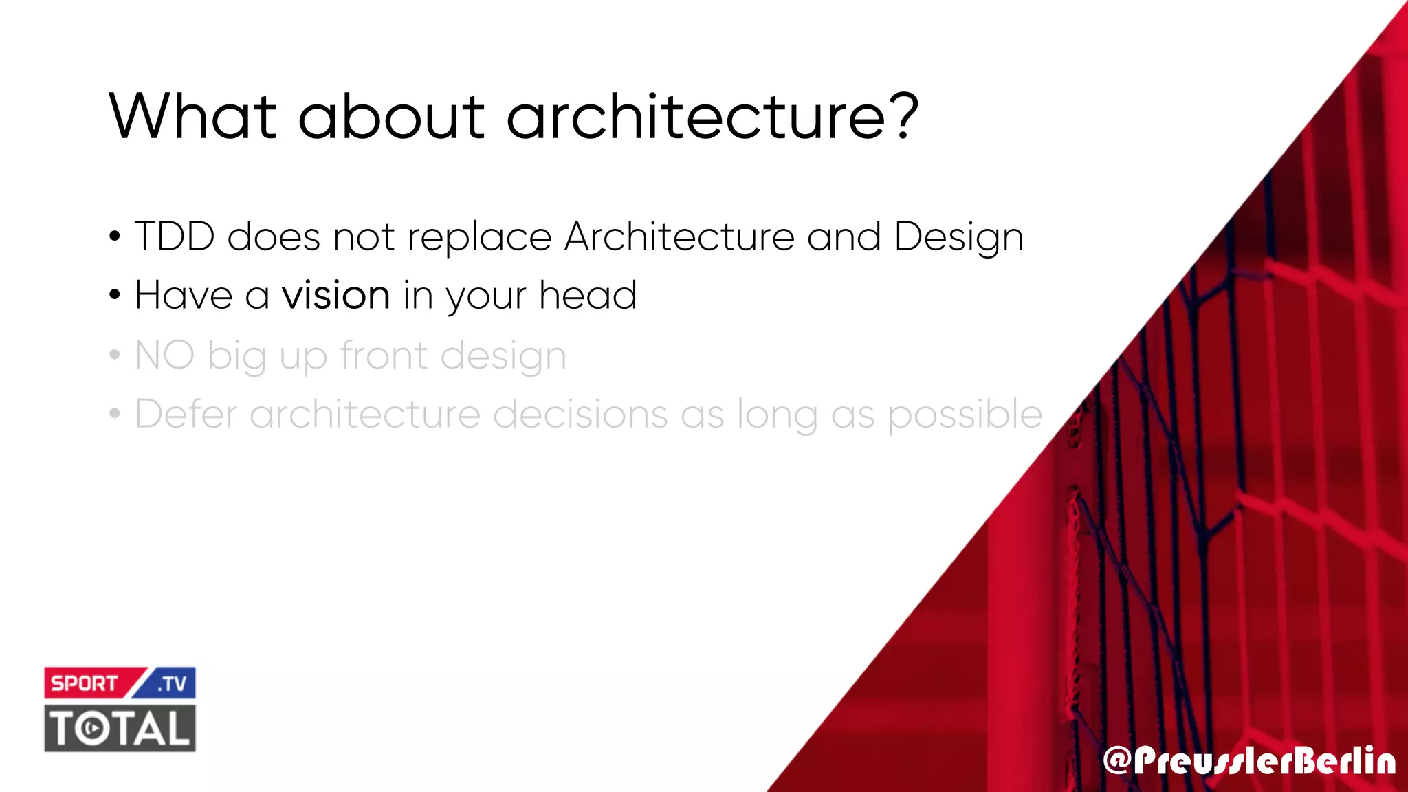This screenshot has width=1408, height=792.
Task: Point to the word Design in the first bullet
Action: (959, 238)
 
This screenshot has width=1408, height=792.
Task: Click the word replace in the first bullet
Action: (479, 238)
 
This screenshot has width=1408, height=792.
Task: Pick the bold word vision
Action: (336, 296)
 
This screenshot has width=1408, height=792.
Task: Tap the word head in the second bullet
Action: (588, 296)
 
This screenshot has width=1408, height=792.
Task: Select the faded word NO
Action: (164, 355)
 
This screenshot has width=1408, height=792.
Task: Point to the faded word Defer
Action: (186, 415)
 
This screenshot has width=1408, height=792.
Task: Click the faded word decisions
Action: (580, 415)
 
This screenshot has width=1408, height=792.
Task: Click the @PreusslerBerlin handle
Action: (1249, 761)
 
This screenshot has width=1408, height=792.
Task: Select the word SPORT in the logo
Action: (85, 683)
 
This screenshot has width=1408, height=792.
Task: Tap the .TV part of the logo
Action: (172, 684)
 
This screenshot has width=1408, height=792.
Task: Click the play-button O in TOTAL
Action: (91, 729)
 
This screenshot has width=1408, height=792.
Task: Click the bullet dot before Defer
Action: (115, 415)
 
